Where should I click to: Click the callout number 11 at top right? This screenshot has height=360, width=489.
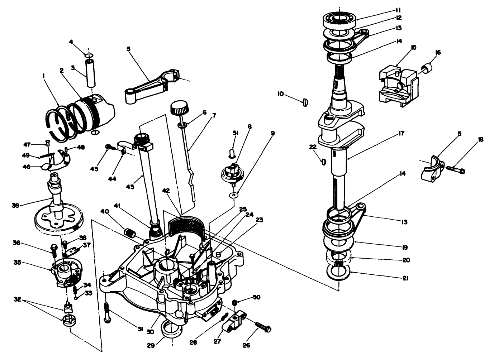click(x=398, y=10)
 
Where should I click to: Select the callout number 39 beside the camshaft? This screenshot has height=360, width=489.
click(x=15, y=205)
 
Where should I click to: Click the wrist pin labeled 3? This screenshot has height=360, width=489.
click(x=90, y=73)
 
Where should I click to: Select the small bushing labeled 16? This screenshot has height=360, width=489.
click(x=426, y=67)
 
